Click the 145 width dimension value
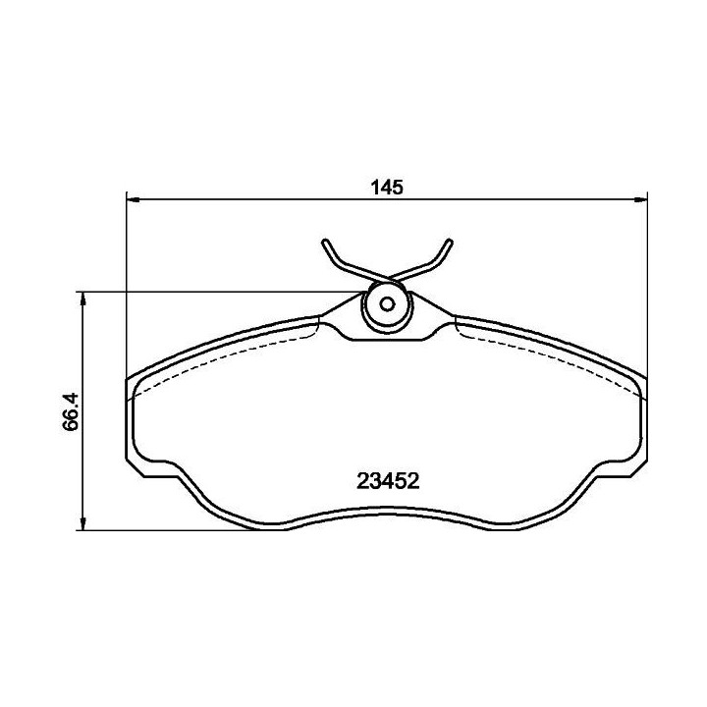point(387,188)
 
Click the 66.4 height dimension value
point(71,412)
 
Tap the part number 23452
point(388,481)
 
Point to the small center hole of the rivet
point(387,304)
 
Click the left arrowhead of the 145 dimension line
point(134,199)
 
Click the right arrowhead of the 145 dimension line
point(640,199)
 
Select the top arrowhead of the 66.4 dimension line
point(82,299)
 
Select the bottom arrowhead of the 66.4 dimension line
point(82,523)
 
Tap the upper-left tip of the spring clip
point(325,243)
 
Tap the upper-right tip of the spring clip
point(449,243)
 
